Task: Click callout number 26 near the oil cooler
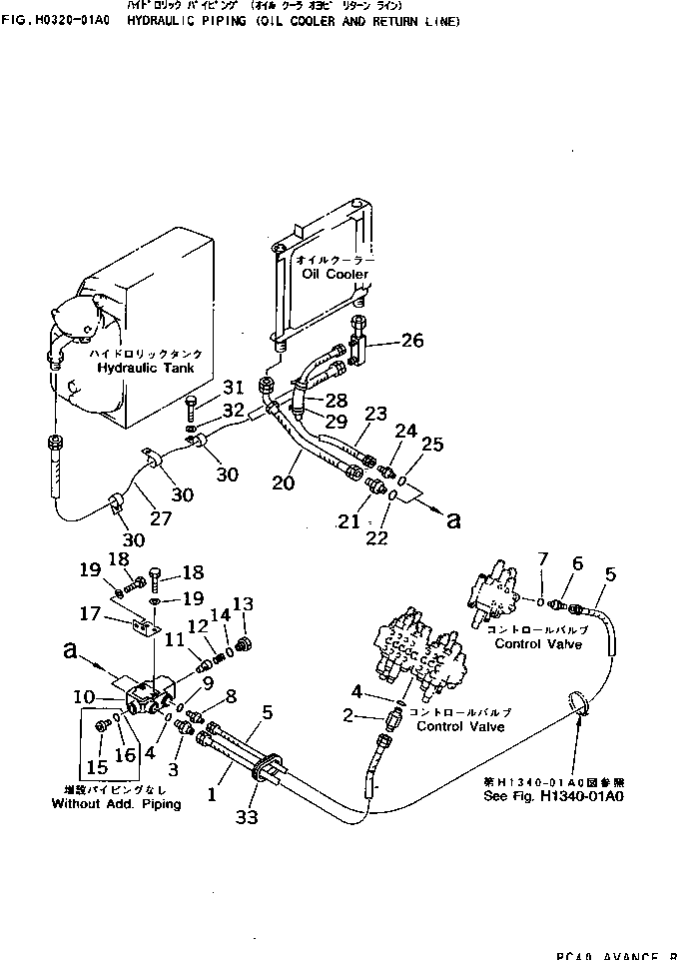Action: [412, 341]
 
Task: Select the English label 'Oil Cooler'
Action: [335, 274]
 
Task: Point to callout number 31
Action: [232, 388]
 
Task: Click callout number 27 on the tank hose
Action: [161, 518]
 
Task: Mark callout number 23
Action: [374, 413]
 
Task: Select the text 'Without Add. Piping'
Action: [116, 804]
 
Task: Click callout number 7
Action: [542, 556]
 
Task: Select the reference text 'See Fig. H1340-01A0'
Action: [552, 797]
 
